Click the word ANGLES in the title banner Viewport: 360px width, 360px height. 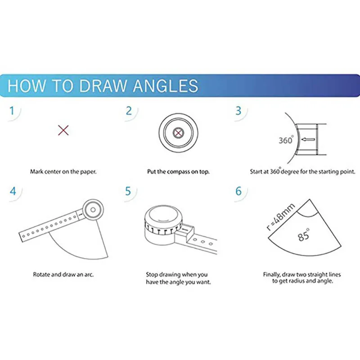[x=166, y=85]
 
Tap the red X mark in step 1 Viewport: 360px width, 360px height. [x=63, y=130]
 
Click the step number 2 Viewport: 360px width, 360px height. [x=129, y=111]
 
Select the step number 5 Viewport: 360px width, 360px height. [x=128, y=191]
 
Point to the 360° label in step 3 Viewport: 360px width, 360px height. [x=286, y=140]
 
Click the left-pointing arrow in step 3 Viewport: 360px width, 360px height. [x=308, y=139]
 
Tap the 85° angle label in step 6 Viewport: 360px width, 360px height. [x=303, y=234]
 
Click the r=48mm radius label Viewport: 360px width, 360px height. [x=280, y=217]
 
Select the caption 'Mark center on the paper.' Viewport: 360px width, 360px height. [x=63, y=172]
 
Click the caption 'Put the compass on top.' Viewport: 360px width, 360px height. [x=178, y=172]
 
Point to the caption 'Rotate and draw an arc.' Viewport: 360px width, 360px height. [x=63, y=274]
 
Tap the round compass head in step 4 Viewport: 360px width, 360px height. [x=93, y=210]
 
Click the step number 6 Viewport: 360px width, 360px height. [x=238, y=191]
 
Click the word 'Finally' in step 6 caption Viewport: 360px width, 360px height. [x=272, y=274]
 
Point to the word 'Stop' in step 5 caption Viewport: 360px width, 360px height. [x=152, y=274]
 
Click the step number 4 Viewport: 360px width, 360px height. [x=13, y=191]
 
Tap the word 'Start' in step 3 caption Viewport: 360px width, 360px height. [x=256, y=172]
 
